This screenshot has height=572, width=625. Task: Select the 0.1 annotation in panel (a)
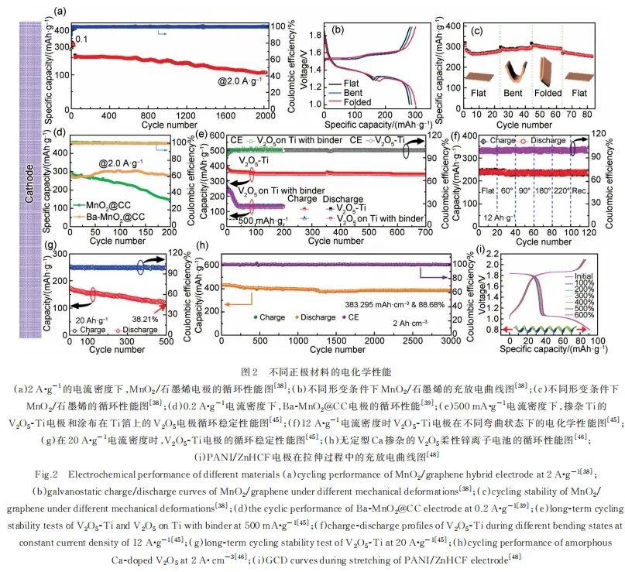coord(81,38)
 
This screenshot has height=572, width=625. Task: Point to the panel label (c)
coord(479,32)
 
